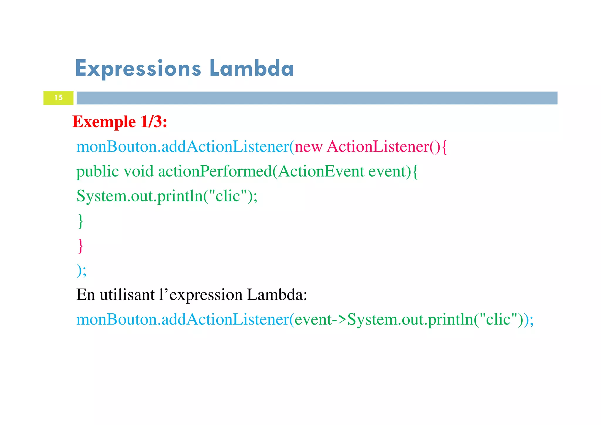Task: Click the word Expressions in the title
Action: [138, 68]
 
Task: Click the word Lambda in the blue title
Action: [251, 68]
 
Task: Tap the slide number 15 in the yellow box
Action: [58, 98]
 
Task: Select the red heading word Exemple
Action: [104, 122]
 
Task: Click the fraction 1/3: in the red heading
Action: [153, 122]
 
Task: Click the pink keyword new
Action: [308, 147]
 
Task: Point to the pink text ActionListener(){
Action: [387, 147]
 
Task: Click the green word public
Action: [98, 172]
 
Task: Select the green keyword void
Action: [139, 172]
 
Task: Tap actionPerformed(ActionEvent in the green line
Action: [261, 172]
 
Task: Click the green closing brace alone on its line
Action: [80, 221]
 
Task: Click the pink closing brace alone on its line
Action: [80, 246]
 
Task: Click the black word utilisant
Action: [127, 295]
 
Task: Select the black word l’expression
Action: [201, 295]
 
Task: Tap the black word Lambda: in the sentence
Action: [277, 295]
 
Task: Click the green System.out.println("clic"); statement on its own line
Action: [167, 196]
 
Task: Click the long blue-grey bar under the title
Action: [317, 98]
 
